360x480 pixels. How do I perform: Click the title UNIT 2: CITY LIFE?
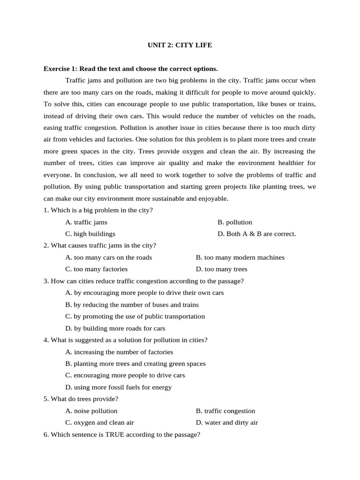(x=180, y=45)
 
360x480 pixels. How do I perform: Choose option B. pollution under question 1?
(x=235, y=222)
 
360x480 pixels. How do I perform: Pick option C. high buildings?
(x=90, y=234)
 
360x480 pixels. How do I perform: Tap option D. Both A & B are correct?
(x=257, y=234)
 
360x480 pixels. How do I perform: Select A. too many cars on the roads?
(x=109, y=257)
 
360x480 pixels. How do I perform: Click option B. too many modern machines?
(x=240, y=257)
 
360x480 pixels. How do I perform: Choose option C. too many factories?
(x=97, y=269)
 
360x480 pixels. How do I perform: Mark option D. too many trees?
(x=221, y=269)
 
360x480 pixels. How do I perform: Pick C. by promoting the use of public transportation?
(x=135, y=316)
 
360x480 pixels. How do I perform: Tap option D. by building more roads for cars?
(x=115, y=328)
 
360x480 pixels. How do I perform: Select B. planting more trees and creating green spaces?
(x=135, y=364)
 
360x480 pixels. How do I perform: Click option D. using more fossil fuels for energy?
(x=119, y=387)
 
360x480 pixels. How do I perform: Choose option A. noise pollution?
(x=91, y=411)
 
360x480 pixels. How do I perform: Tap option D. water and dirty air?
(x=227, y=423)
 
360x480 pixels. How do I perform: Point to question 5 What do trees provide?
(x=81, y=399)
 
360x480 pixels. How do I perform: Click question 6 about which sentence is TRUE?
(x=122, y=435)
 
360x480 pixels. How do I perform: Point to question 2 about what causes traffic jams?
(x=100, y=246)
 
